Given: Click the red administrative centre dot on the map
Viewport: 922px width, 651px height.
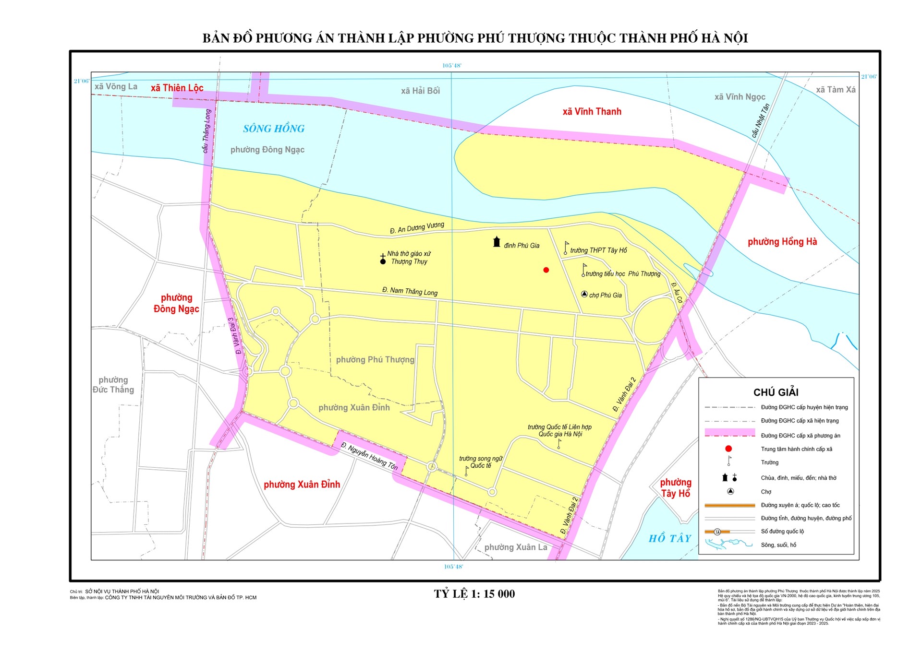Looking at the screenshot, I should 546,270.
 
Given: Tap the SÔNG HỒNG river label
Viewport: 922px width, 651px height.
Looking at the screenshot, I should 274,129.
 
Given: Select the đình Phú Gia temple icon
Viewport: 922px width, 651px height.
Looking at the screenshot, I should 497,242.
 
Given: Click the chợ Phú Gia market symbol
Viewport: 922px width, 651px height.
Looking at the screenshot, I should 584,294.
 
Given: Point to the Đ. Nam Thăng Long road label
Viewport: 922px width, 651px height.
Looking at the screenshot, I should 410,291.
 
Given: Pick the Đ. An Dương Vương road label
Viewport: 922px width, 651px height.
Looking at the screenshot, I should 417,227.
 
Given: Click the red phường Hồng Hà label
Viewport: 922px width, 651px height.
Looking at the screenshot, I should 782,242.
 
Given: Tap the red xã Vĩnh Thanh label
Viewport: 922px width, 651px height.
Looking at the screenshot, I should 592,112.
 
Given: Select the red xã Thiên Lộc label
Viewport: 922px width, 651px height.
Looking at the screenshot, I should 177,88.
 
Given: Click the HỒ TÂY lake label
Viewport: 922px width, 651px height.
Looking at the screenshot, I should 669,538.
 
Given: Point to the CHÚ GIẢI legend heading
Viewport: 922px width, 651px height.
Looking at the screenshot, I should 776,392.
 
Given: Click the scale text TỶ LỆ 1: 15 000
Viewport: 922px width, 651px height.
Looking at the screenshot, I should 474,594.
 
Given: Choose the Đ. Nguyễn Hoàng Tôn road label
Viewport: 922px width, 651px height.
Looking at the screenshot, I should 369,456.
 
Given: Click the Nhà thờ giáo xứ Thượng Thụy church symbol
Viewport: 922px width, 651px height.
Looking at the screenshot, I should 383,260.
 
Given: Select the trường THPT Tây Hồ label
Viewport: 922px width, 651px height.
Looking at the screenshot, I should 598,250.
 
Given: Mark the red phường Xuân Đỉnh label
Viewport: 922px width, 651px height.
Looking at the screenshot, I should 302,485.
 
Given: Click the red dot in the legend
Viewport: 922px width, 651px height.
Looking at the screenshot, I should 728,449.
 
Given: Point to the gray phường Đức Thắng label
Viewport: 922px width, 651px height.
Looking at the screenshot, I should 113,385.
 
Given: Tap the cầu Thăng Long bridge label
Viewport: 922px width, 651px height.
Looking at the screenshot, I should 206,131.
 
